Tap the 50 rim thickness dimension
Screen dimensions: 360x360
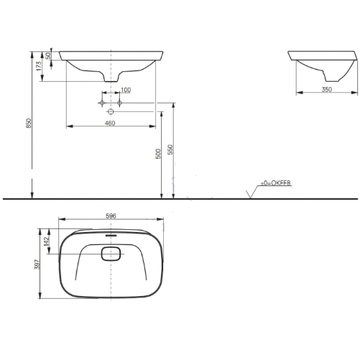pyautogui.click(x=47, y=56)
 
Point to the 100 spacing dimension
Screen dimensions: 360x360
pyautogui.click(x=126, y=90)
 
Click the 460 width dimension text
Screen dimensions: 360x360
pyautogui.click(x=110, y=124)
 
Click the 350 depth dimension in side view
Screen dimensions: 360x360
pyautogui.click(x=327, y=89)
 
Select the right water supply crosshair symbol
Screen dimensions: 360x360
pyautogui.click(x=120, y=103)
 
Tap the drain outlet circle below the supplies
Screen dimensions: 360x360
pyautogui.click(x=111, y=113)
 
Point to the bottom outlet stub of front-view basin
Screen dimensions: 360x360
pyautogui.click(x=112, y=78)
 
